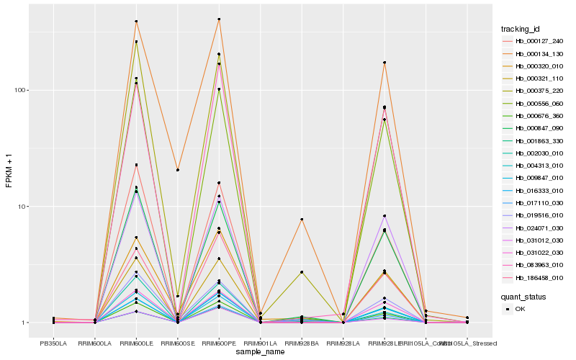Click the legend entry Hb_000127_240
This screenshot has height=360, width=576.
click(x=534, y=41)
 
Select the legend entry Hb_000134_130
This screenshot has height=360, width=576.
click(x=534, y=53)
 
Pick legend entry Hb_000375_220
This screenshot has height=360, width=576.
click(x=534, y=91)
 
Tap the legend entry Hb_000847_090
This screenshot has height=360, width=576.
click(x=534, y=128)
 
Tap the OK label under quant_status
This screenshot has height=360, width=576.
click(x=520, y=309)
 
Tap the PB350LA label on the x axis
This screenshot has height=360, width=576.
click(x=53, y=333)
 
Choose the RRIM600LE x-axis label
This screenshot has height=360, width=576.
click(x=136, y=333)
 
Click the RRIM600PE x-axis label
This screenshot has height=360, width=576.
click(x=219, y=333)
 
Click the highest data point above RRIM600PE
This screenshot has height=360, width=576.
click(x=219, y=19)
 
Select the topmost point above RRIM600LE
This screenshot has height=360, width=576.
click(x=136, y=22)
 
